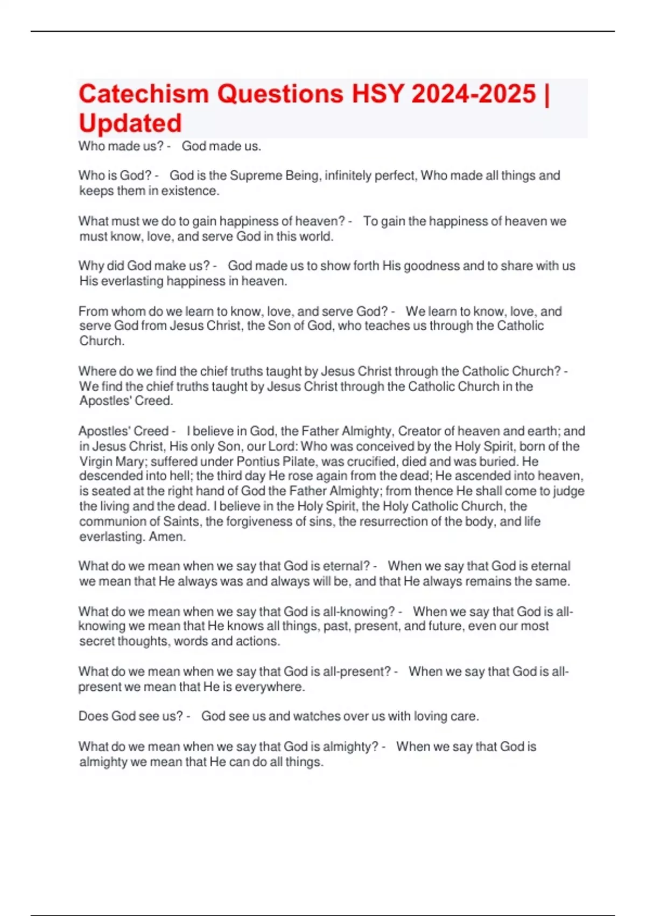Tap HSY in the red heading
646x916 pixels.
tap(377, 94)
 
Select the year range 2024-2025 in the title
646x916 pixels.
tap(474, 94)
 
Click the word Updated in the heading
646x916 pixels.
tap(130, 123)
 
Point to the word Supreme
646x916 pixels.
tap(256, 176)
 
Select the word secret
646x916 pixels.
tap(95, 641)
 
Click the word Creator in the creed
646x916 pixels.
tap(419, 431)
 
